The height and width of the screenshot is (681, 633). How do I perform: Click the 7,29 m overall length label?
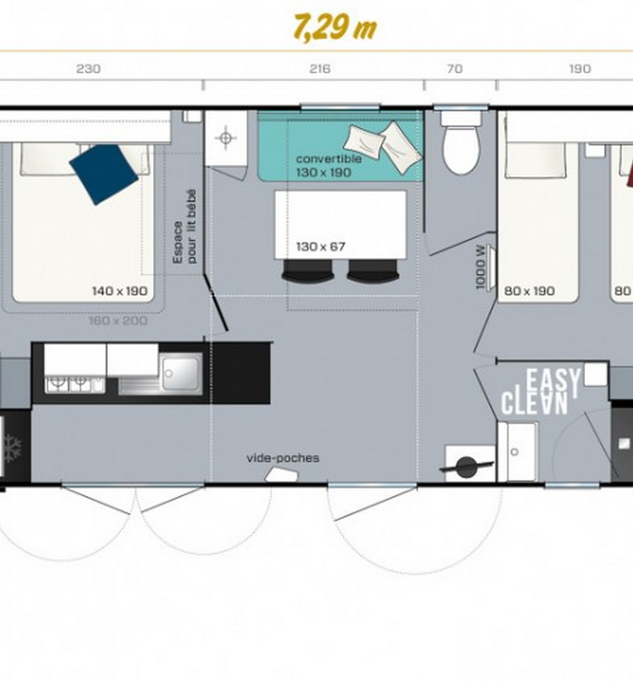335,28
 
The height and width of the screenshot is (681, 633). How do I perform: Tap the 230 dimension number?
88,69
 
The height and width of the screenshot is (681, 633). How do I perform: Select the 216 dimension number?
320,69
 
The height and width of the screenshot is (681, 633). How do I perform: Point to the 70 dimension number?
454,69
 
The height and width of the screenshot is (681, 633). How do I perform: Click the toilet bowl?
460,149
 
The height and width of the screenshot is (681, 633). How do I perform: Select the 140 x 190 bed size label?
120,291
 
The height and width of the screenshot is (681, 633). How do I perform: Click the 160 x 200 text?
118,321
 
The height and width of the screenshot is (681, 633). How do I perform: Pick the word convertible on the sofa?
329,159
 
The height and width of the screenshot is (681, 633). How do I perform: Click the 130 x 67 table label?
321,247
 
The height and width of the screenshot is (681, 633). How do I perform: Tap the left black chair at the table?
307,271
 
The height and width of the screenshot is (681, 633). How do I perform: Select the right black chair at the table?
373,271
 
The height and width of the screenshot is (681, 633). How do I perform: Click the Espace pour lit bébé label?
185,226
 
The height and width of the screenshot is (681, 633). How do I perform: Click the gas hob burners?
75,384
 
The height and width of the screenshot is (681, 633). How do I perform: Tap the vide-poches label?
283,458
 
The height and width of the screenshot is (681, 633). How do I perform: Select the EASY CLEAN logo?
541,392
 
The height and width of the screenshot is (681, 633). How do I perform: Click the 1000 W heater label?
481,267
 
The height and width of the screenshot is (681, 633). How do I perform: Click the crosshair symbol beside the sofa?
225,138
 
